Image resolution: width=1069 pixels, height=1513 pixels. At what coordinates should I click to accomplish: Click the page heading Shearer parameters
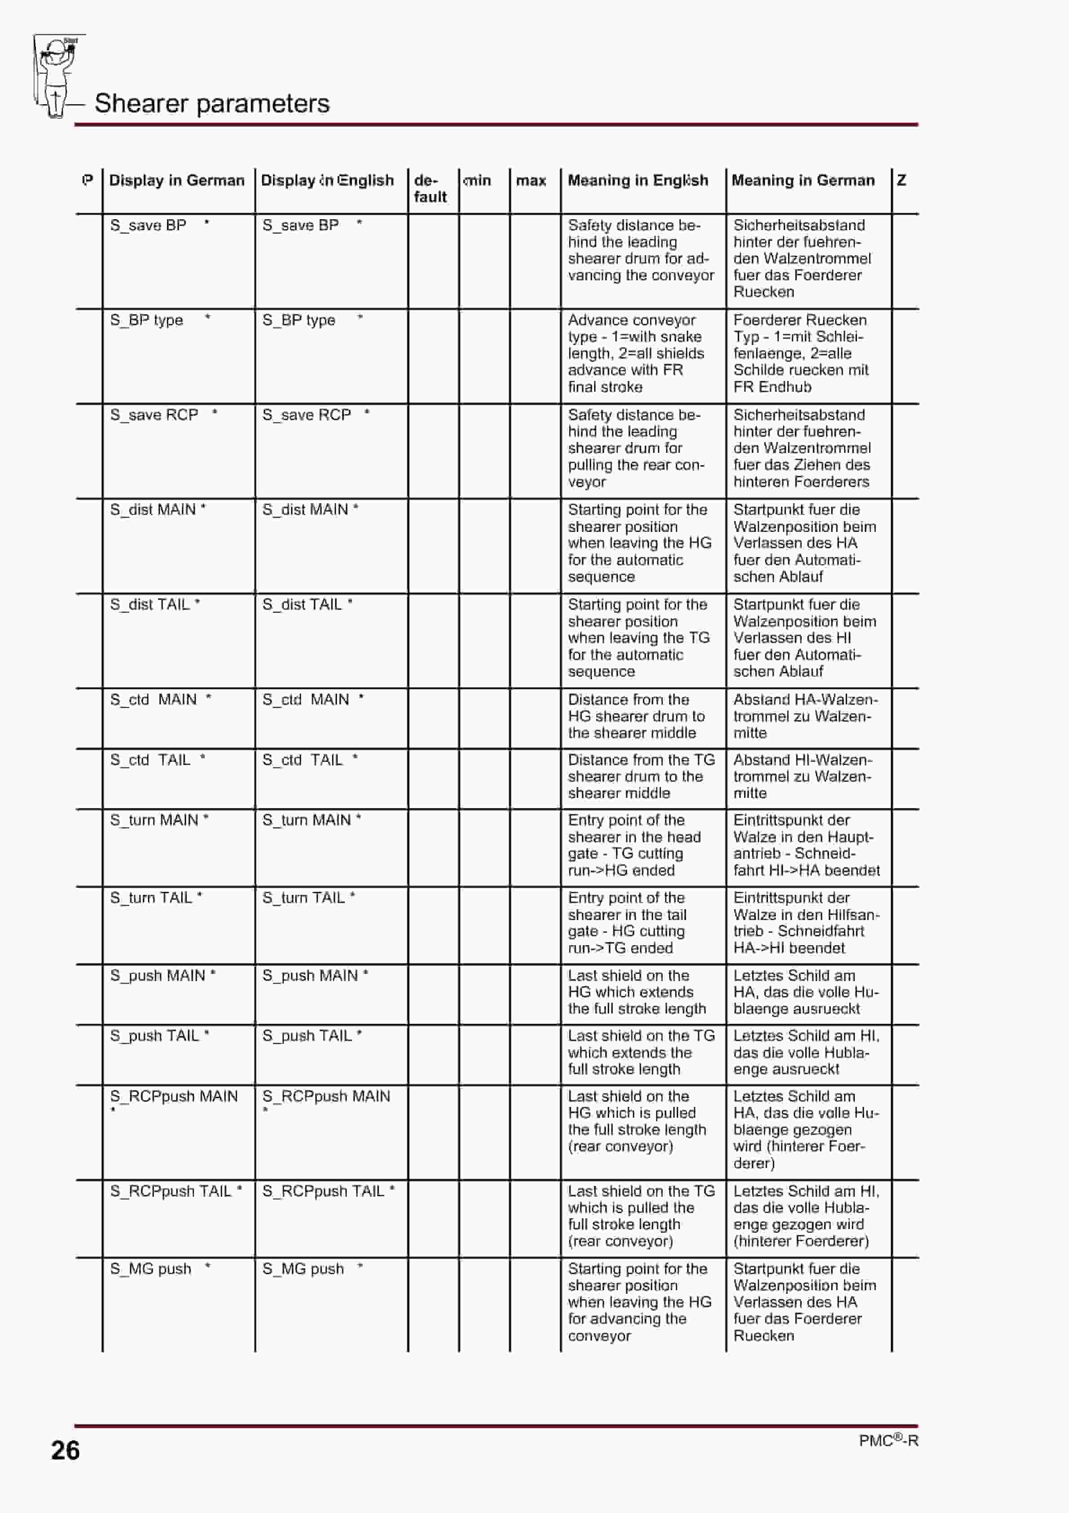[x=211, y=103]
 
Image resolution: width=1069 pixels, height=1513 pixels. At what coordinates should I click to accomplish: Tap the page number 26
[x=65, y=1451]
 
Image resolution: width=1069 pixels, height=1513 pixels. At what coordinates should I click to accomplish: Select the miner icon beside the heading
[x=57, y=76]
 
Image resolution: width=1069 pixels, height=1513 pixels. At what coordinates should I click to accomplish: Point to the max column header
[x=531, y=181]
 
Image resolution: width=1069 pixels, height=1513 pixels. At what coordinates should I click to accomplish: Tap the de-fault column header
[x=430, y=189]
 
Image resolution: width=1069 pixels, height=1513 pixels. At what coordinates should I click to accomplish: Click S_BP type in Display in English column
[x=299, y=320]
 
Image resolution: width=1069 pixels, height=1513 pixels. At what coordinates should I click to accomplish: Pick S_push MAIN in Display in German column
[x=158, y=975]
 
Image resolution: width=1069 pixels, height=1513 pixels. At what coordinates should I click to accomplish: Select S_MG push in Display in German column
[x=151, y=1269]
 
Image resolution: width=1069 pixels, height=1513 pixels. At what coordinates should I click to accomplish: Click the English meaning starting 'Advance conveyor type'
[x=636, y=353]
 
